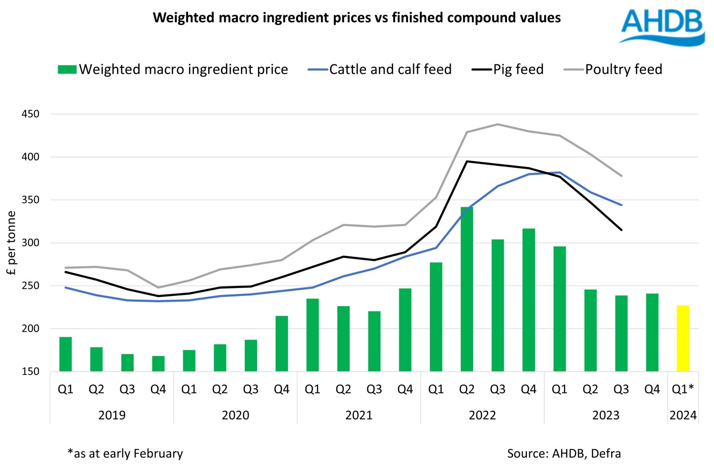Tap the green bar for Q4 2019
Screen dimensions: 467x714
click(158, 364)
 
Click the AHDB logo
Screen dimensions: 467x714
click(662, 27)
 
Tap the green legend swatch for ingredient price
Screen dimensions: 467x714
click(67, 70)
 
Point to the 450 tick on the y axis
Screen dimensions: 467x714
click(30, 114)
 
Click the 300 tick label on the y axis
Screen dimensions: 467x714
click(30, 243)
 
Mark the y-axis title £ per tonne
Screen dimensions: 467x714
click(11, 243)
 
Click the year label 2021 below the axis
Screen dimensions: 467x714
click(358, 416)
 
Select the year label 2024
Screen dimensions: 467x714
click(683, 416)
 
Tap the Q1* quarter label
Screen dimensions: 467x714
click(683, 389)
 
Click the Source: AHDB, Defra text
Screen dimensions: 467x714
click(564, 454)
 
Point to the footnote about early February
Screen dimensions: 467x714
click(125, 454)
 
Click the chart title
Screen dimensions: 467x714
click(357, 18)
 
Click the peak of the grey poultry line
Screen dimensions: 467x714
click(497, 124)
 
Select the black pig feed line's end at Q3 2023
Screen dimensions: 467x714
click(621, 230)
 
